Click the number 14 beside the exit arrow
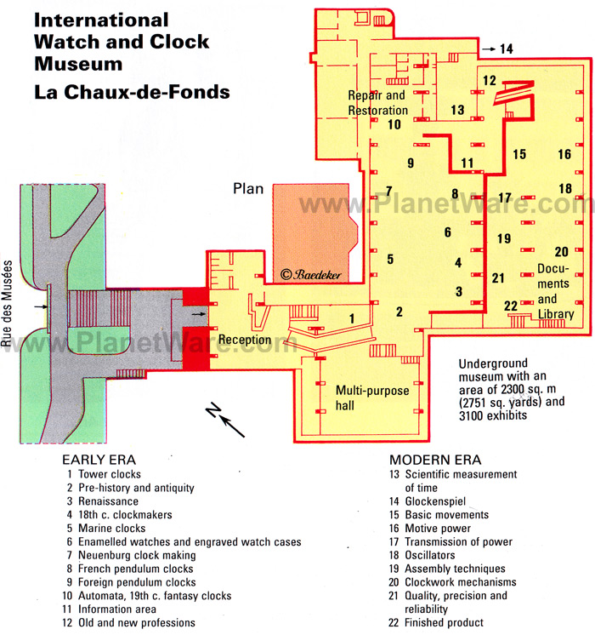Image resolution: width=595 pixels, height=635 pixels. tap(506, 49)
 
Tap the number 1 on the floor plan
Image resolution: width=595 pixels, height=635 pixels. tap(351, 317)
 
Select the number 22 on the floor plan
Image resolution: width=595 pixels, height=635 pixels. tap(511, 306)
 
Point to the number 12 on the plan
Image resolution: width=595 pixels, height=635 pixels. tap(490, 81)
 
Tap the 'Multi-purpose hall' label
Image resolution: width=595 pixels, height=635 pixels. tap(368, 398)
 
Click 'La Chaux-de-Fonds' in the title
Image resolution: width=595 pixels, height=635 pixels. tap(132, 91)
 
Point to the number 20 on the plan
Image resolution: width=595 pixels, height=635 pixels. tap(561, 251)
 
